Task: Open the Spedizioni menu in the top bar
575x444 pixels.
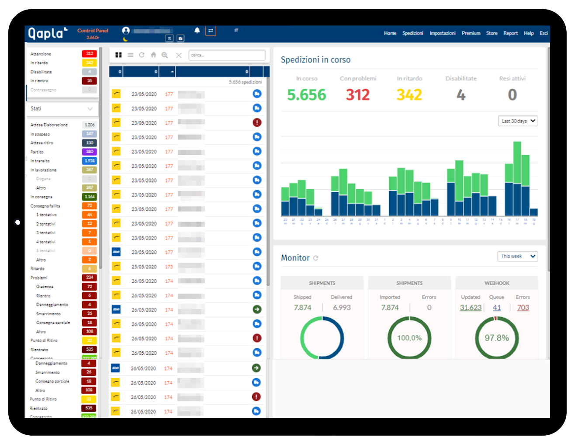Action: click(412, 33)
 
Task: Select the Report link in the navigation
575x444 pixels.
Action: click(510, 33)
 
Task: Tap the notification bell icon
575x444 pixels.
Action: click(197, 31)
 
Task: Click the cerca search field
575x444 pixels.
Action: click(227, 55)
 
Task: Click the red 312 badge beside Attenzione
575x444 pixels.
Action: click(90, 54)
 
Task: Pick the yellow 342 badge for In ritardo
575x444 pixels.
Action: click(90, 63)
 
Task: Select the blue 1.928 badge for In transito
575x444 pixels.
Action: click(90, 161)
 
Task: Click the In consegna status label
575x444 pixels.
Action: click(42, 197)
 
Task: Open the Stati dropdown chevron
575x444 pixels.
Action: click(90, 109)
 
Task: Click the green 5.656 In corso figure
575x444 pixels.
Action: click(306, 95)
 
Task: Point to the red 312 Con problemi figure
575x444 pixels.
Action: click(358, 95)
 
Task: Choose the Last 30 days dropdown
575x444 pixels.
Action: click(518, 121)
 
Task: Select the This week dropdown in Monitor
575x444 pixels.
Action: click(517, 257)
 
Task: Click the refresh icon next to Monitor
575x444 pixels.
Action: click(316, 258)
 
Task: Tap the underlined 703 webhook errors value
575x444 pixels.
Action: click(523, 308)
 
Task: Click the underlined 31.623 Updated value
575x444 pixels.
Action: click(471, 308)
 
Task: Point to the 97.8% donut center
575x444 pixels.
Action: click(497, 338)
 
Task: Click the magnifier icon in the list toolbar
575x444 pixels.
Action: click(165, 55)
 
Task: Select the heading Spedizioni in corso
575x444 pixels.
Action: click(315, 60)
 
